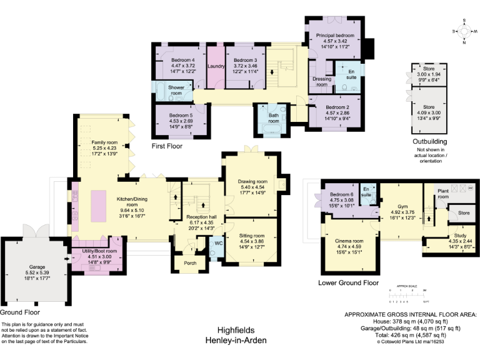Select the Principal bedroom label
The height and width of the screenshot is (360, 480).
point(335,36)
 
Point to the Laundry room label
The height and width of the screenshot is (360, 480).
point(216,66)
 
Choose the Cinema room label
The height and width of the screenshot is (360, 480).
point(349,241)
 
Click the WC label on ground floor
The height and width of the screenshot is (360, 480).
point(218,242)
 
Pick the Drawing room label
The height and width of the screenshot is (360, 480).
point(252,181)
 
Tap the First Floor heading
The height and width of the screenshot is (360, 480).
point(171,145)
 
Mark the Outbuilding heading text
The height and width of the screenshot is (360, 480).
point(431,142)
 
